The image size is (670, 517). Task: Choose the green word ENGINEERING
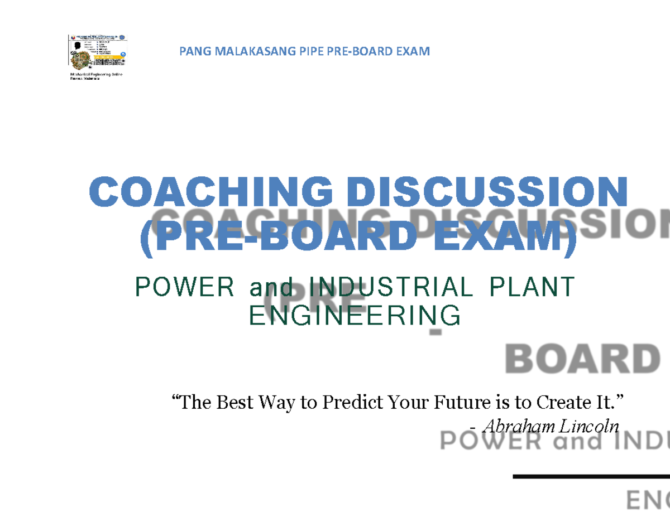click(355, 316)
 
